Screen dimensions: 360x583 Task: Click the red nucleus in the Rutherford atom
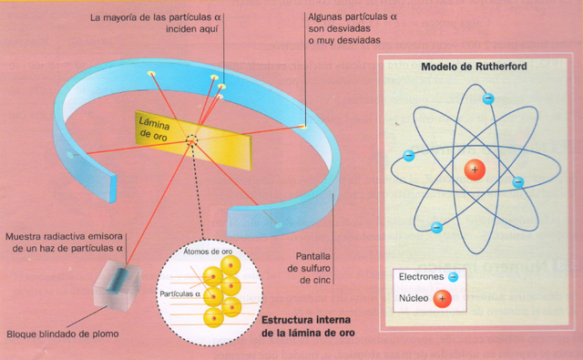[474, 169]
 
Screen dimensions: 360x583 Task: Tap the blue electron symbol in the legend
[453, 274]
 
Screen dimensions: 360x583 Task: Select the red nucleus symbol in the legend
[443, 298]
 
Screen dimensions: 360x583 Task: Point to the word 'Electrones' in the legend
[421, 274]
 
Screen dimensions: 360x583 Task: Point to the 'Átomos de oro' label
[209, 251]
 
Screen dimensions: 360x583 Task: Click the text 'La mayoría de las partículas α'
[153, 16]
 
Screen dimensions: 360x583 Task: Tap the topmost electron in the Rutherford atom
[488, 98]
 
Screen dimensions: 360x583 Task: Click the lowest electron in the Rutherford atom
[436, 228]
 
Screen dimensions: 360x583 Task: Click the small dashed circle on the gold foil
[192, 139]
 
